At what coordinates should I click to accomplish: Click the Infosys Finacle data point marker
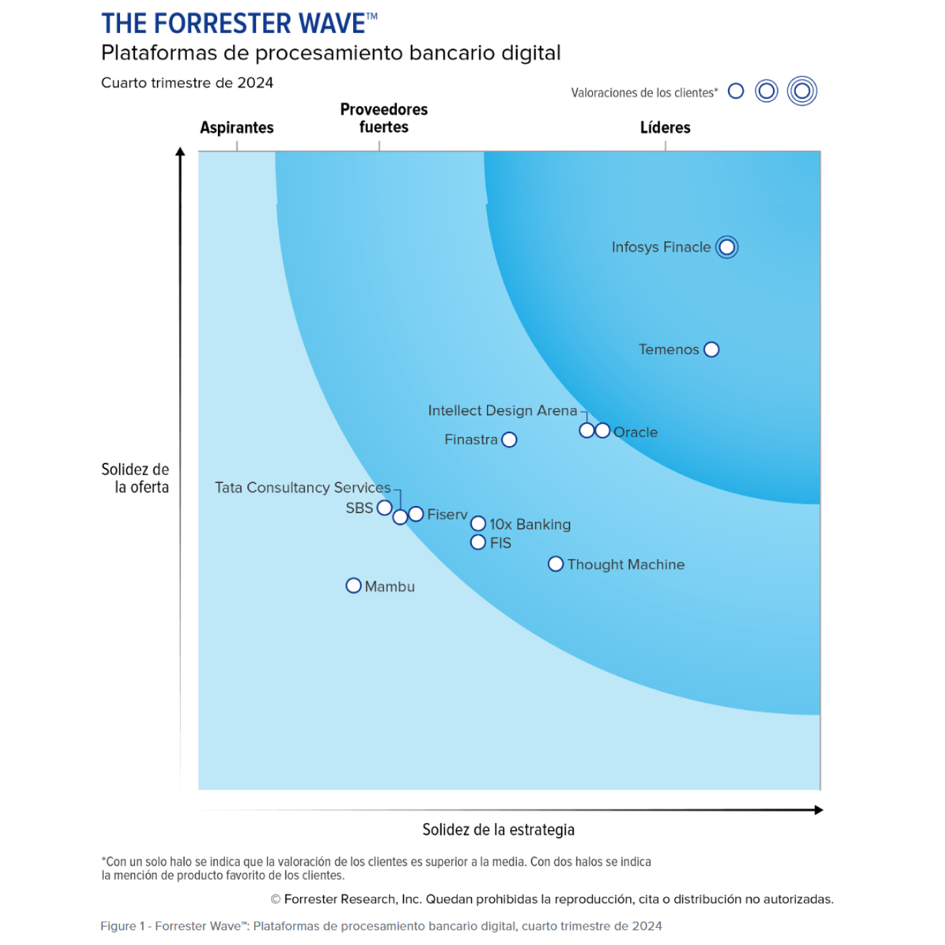pyautogui.click(x=726, y=247)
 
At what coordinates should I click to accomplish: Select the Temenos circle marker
pyautogui.click(x=711, y=350)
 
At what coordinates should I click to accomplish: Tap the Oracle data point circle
pyautogui.click(x=602, y=430)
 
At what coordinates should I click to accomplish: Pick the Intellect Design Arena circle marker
pyautogui.click(x=587, y=430)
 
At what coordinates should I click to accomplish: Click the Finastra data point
pyautogui.click(x=509, y=440)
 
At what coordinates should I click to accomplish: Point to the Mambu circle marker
pyautogui.click(x=353, y=585)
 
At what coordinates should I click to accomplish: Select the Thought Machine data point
pyautogui.click(x=555, y=564)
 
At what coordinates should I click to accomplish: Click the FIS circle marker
pyautogui.click(x=478, y=542)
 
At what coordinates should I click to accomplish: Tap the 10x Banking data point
pyautogui.click(x=478, y=523)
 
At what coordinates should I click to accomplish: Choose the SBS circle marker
pyautogui.click(x=385, y=507)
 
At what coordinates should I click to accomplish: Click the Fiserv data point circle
pyautogui.click(x=416, y=514)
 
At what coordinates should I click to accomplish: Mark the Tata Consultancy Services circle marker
pyautogui.click(x=400, y=517)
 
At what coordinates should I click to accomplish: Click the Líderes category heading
pyautogui.click(x=665, y=127)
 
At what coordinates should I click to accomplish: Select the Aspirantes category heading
pyautogui.click(x=237, y=127)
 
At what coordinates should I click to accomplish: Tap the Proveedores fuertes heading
pyautogui.click(x=383, y=118)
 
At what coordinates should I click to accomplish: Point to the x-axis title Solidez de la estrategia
pyautogui.click(x=498, y=829)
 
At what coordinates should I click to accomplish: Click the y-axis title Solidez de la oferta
pyautogui.click(x=135, y=478)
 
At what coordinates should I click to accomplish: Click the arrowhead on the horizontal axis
pyautogui.click(x=818, y=810)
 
